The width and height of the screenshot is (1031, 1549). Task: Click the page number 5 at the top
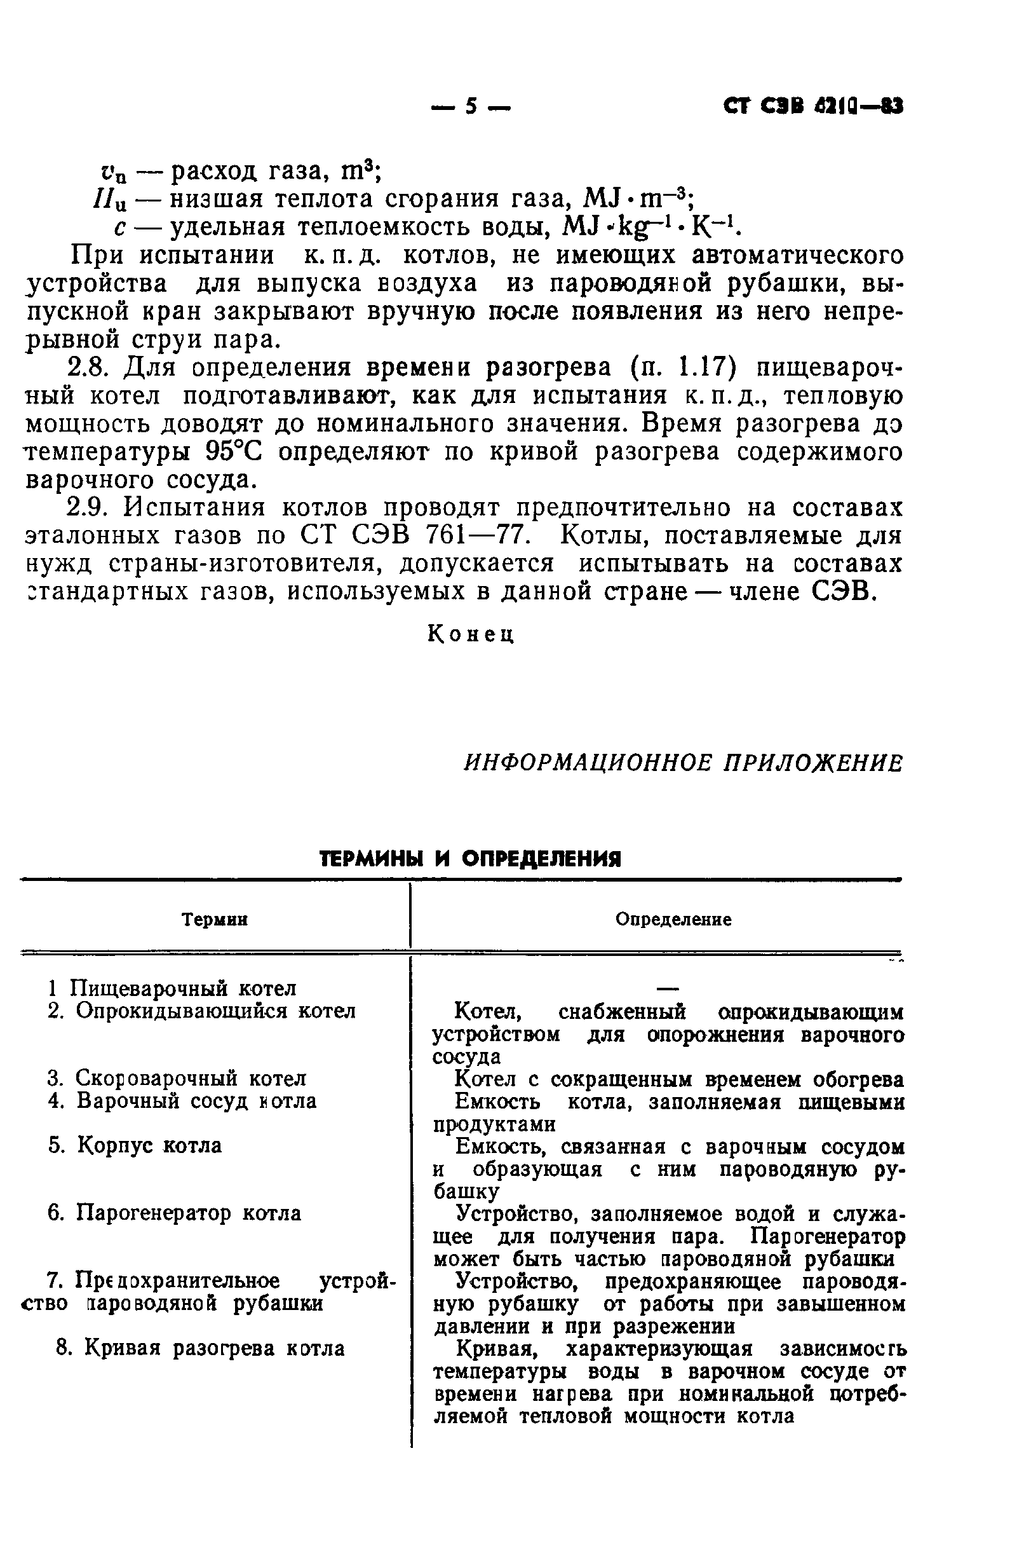point(471,106)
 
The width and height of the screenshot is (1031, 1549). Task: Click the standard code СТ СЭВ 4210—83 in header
point(812,106)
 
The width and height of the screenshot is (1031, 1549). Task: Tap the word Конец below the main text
point(470,634)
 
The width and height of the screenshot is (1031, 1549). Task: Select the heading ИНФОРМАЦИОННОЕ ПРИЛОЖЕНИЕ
point(683,763)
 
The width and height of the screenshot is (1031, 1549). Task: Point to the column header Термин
point(214,919)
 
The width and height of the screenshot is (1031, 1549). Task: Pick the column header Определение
point(673,919)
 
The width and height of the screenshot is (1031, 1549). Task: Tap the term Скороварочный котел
point(191,1078)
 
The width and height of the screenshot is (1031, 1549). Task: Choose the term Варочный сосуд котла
point(196,1100)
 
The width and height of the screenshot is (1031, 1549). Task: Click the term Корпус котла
point(149,1145)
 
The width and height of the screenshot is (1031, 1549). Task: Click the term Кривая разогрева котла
point(214,1348)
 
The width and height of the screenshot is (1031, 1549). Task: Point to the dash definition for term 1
point(667,988)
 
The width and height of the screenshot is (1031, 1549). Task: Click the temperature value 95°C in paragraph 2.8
point(233,452)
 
